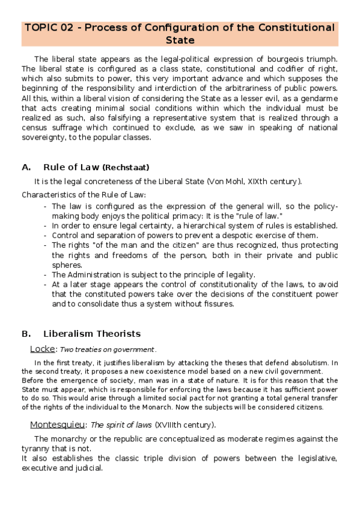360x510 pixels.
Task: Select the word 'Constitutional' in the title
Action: [x=296, y=28]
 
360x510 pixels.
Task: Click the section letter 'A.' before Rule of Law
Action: [x=26, y=167]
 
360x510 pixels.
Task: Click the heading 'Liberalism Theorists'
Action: [x=92, y=333]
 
